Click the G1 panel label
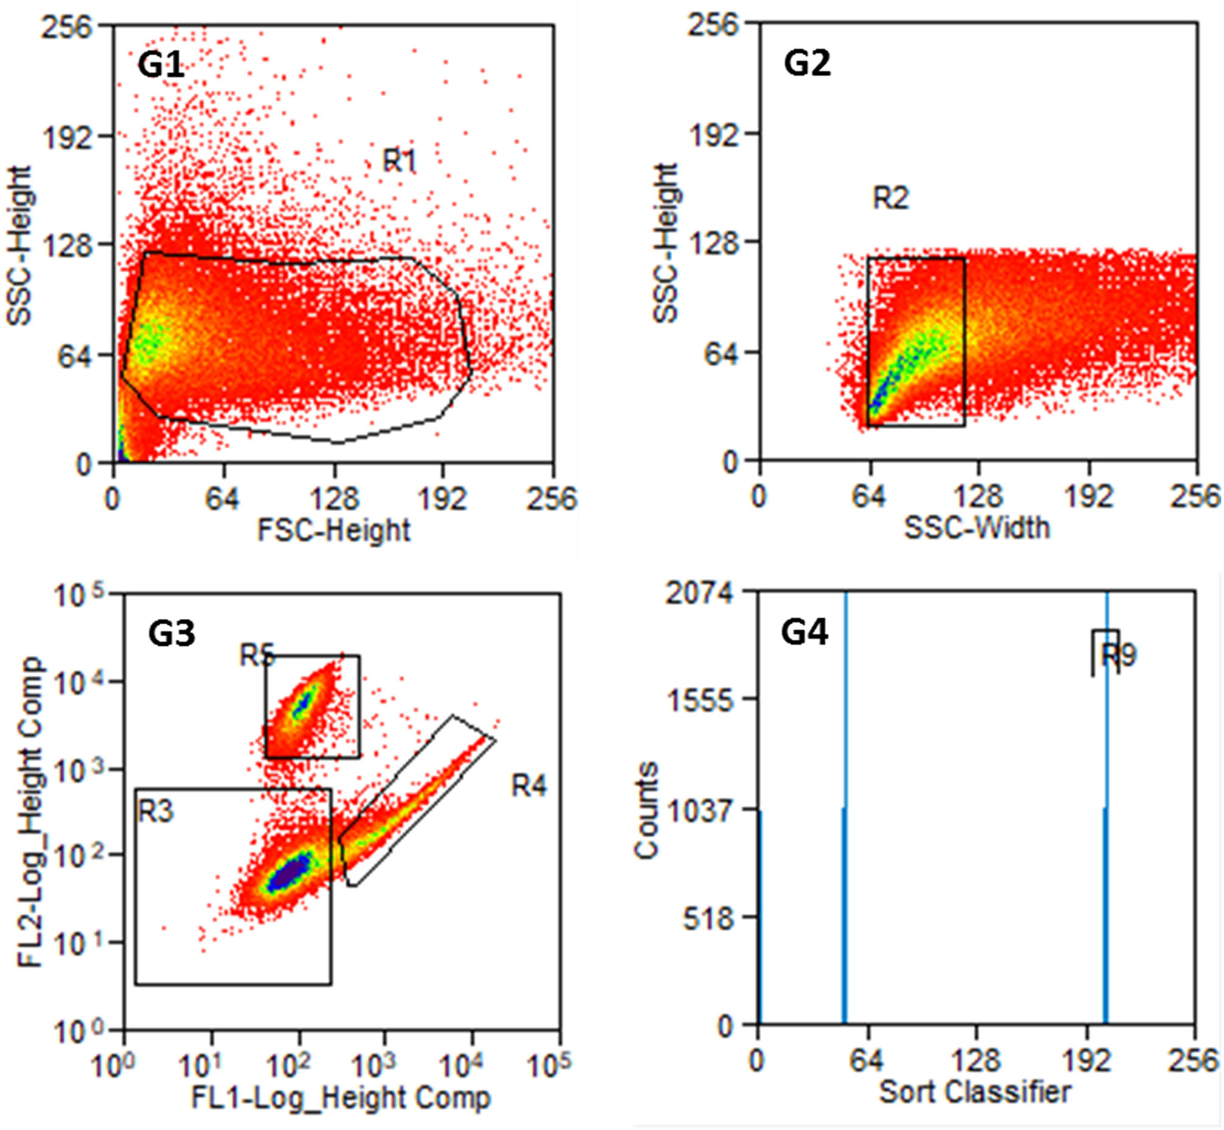tap(161, 65)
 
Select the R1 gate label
tap(400, 161)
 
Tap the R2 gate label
tap(890, 198)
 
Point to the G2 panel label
tap(807, 63)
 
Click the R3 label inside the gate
tap(156, 811)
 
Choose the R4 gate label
tap(528, 785)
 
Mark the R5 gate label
tap(256, 655)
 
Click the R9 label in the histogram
tap(1118, 655)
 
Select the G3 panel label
tap(171, 633)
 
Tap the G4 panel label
tap(804, 631)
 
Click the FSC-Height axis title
tap(334, 530)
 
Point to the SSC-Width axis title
tap(977, 528)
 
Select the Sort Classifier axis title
tap(975, 1092)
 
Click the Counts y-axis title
tap(647, 810)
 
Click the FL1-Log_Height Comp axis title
tap(341, 1098)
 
